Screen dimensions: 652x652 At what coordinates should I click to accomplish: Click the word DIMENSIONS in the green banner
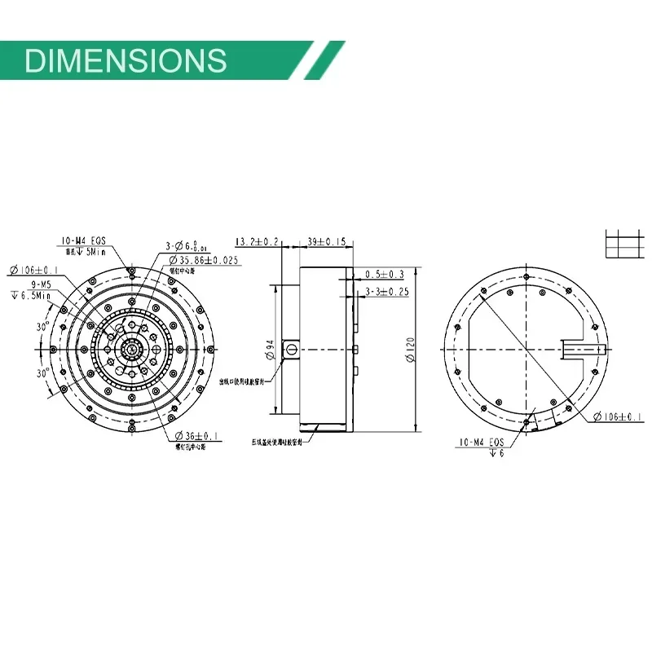click(126, 60)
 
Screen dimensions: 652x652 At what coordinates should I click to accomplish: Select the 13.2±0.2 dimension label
click(257, 241)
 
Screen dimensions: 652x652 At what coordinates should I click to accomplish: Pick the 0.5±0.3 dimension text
click(385, 274)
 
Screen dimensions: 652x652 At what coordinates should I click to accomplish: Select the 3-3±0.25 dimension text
click(386, 291)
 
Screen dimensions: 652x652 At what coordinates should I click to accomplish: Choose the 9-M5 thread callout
click(42, 284)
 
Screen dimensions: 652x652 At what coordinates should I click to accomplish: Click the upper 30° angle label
click(42, 327)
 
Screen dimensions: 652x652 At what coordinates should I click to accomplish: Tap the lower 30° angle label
click(42, 372)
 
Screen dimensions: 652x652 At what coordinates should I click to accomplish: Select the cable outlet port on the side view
click(289, 350)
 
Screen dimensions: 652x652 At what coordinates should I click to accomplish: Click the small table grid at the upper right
click(623, 243)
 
